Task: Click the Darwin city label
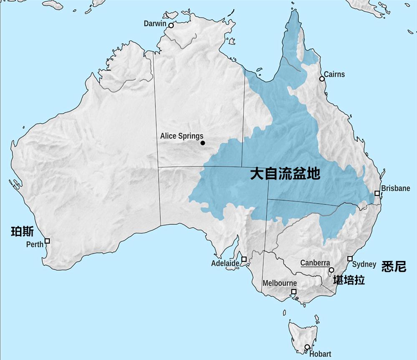pyautogui.click(x=155, y=24)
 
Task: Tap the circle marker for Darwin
pyautogui.click(x=171, y=25)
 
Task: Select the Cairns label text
pyautogui.click(x=334, y=74)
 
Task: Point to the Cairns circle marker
pyautogui.click(x=322, y=79)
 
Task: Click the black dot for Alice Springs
pyautogui.click(x=203, y=143)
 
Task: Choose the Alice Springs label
pyautogui.click(x=182, y=136)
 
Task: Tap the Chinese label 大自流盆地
pyautogui.click(x=285, y=174)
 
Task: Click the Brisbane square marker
pyautogui.click(x=377, y=193)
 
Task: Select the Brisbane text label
pyautogui.click(x=395, y=188)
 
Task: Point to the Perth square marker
pyautogui.click(x=47, y=241)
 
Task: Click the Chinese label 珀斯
pyautogui.click(x=22, y=232)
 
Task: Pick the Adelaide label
pyautogui.click(x=225, y=264)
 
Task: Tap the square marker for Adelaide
pyautogui.click(x=244, y=259)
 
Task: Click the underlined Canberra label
pyautogui.click(x=315, y=263)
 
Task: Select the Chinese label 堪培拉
pyautogui.click(x=349, y=280)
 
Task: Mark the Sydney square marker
pyautogui.click(x=350, y=258)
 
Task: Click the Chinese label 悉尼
pyautogui.click(x=394, y=267)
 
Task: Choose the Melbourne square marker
pyautogui.click(x=294, y=292)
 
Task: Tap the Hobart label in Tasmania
pyautogui.click(x=320, y=354)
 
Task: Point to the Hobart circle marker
pyautogui.click(x=307, y=347)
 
